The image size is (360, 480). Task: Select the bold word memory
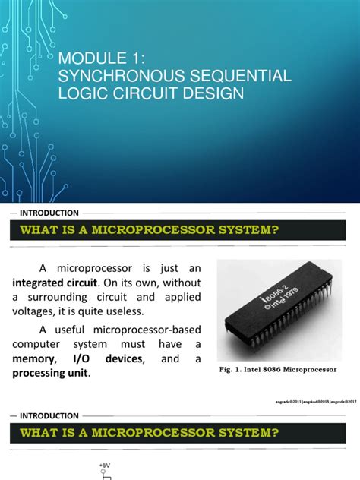pyautogui.click(x=35, y=359)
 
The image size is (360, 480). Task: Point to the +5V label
pyautogui.click(x=104, y=464)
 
